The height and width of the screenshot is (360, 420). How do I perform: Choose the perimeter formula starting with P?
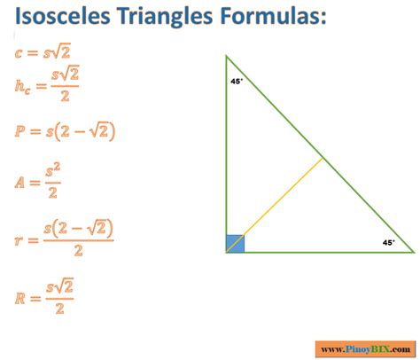[66, 132]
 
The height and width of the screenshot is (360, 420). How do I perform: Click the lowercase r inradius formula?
[65, 238]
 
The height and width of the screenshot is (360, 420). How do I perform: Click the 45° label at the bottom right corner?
[388, 241]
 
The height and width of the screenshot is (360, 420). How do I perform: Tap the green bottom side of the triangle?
[319, 253]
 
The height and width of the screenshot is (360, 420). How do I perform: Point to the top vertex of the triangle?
[227, 57]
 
